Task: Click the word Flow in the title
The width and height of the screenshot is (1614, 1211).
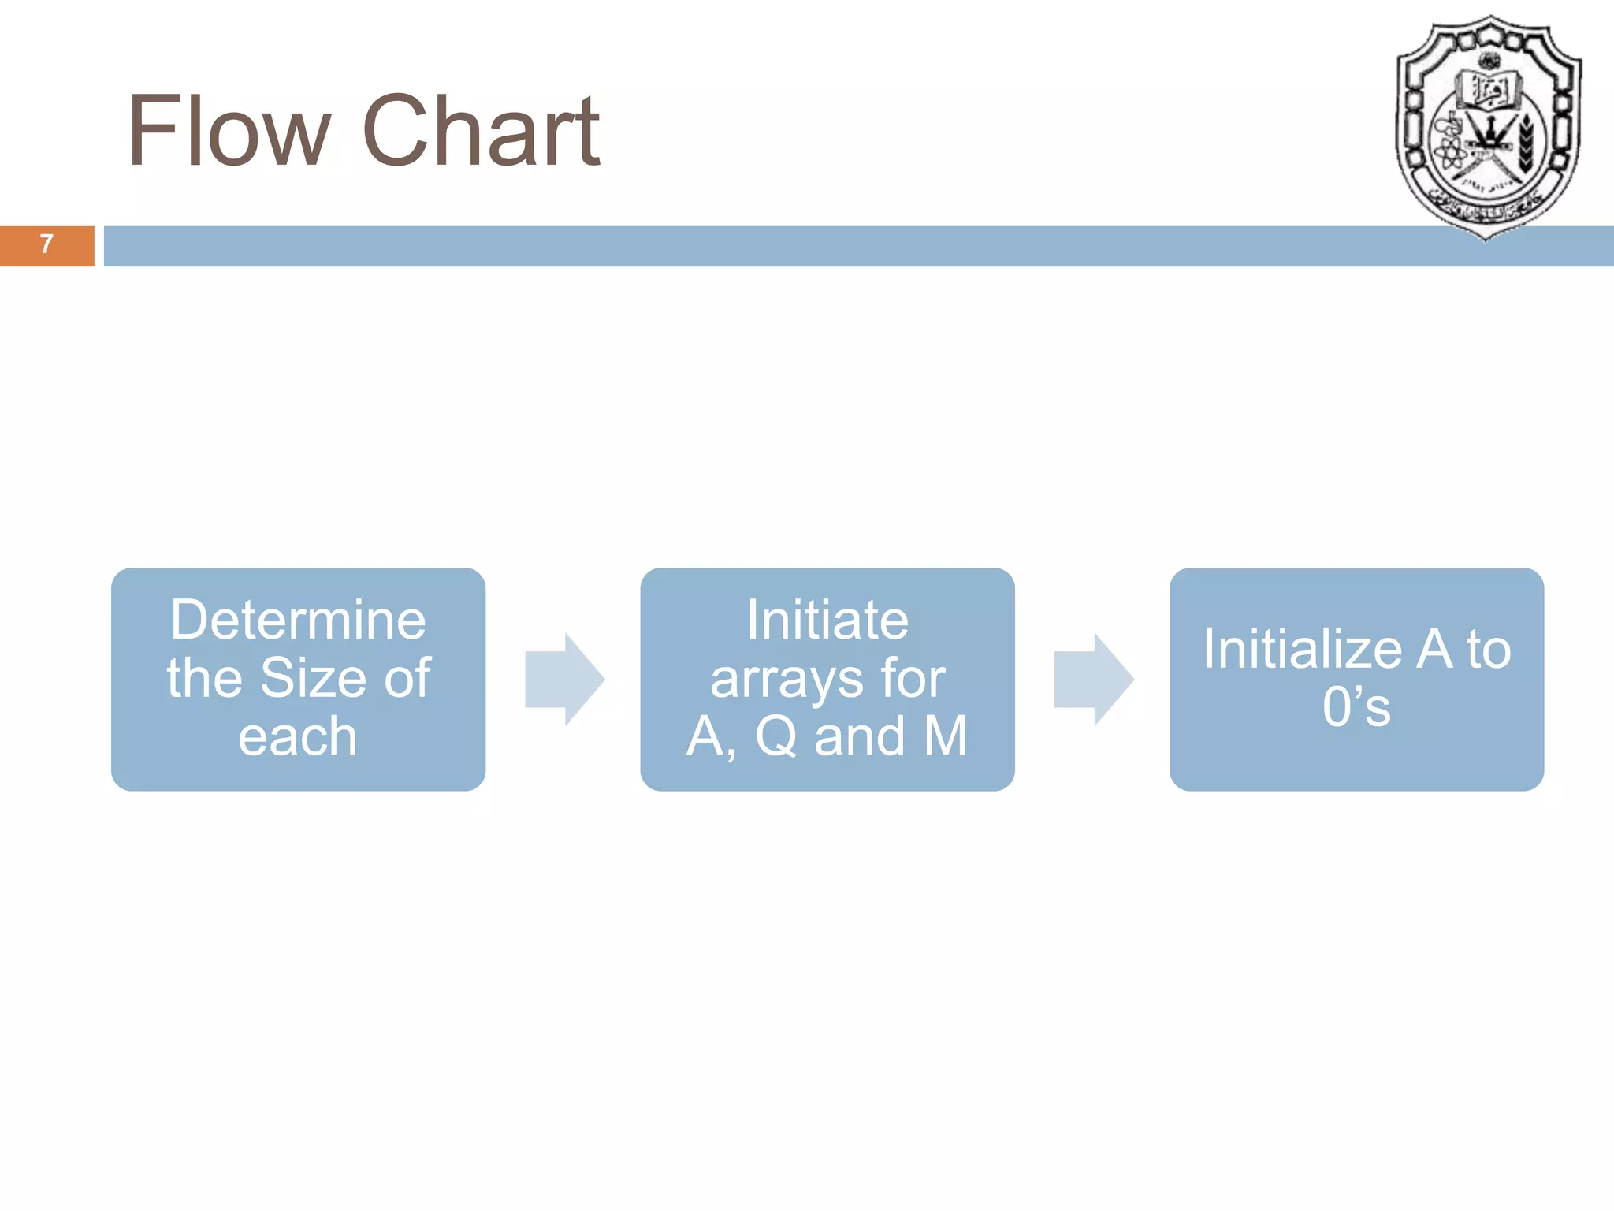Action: [x=229, y=131]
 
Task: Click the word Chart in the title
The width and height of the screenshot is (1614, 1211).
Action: [x=482, y=131]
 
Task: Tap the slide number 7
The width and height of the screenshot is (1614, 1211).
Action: [x=46, y=244]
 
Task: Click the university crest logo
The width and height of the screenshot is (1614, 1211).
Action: [x=1487, y=126]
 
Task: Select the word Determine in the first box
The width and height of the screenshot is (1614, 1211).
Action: [x=298, y=620]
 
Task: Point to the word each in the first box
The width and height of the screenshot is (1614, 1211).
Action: [x=298, y=736]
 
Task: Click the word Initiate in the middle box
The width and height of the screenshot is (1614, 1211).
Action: [x=827, y=620]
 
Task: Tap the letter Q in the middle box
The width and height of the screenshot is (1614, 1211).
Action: [x=775, y=736]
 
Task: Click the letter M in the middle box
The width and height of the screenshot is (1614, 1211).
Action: [x=945, y=736]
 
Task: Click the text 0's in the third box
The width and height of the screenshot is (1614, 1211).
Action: [x=1356, y=707]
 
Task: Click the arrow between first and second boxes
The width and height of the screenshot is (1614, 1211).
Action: [x=564, y=679]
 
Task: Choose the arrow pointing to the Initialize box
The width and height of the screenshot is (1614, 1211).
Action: [x=1094, y=679]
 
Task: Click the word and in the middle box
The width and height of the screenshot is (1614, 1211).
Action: [x=859, y=736]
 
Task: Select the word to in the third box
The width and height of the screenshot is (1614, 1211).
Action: [x=1488, y=650]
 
